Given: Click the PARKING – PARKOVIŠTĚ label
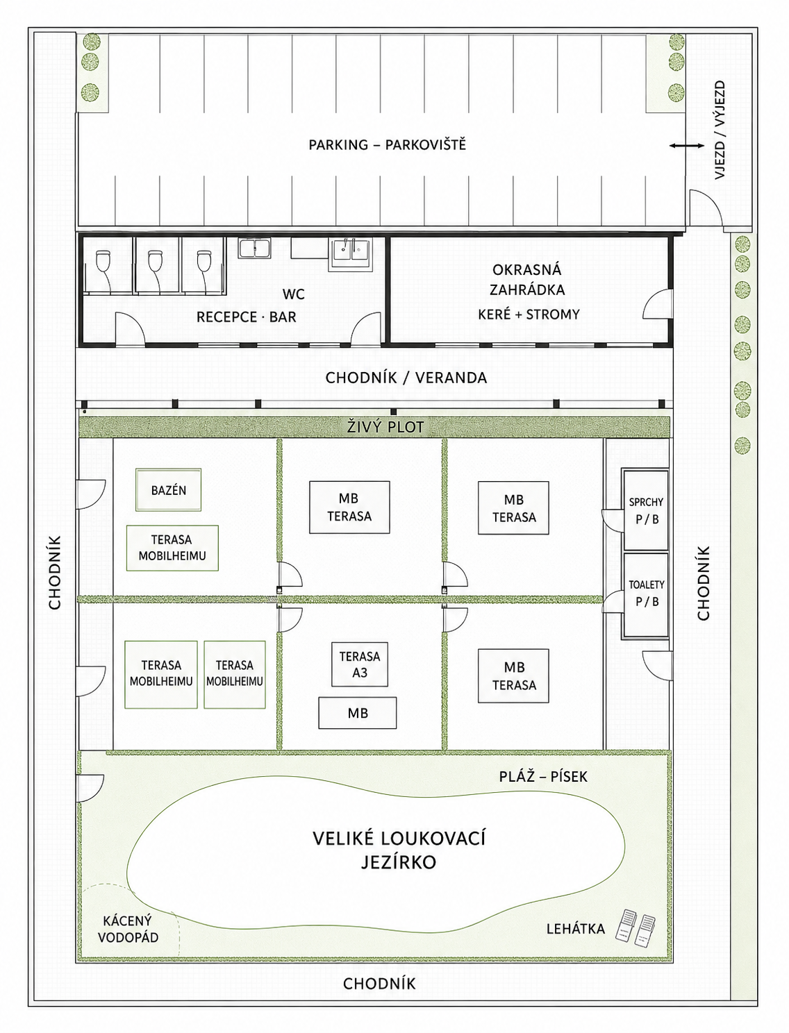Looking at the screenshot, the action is (387, 144).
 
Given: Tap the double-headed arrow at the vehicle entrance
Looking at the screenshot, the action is (687, 146).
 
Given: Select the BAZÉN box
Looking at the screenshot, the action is (169, 490).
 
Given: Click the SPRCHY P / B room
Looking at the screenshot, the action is (646, 510).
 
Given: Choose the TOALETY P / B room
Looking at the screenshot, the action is (646, 595).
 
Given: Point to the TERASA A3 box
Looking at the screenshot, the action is (360, 664).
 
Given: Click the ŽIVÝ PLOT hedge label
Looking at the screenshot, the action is (385, 428).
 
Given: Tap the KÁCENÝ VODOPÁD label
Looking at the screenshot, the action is (128, 929).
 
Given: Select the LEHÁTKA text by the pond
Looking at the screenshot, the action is (575, 929).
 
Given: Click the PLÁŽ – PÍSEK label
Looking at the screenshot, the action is (543, 776).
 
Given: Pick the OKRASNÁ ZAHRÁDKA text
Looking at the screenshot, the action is (526, 280).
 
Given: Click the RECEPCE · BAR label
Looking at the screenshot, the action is (246, 317).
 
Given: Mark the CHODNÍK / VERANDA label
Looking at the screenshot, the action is (406, 378).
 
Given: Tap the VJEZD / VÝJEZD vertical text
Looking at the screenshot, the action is (720, 130).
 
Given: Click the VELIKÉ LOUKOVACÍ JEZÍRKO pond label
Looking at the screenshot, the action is (398, 850).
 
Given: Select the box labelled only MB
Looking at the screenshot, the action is (357, 713).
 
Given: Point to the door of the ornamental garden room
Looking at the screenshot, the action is (658, 304).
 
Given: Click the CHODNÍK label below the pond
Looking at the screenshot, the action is (379, 983).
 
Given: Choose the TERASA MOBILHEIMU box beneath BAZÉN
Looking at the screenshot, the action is (172, 548).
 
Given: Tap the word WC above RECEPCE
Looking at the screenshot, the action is (293, 294).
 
